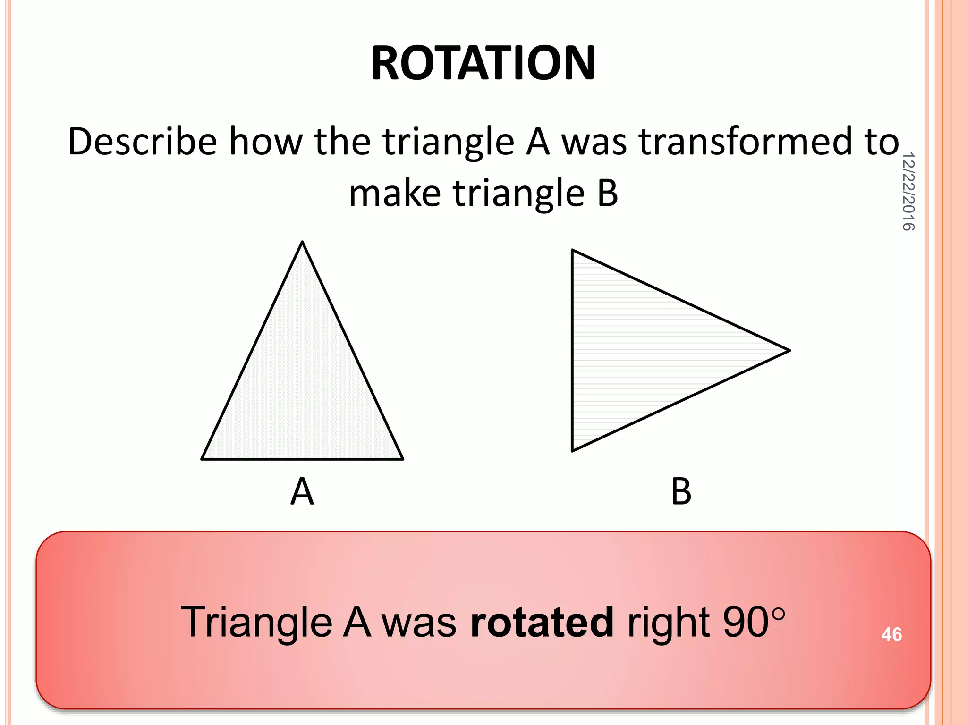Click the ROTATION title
[x=483, y=63]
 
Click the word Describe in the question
[x=142, y=142]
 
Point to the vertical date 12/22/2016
[x=908, y=191]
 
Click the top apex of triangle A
[x=302, y=242]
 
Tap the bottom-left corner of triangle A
[x=203, y=458]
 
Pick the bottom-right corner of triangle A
[x=402, y=458]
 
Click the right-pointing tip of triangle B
[x=789, y=350]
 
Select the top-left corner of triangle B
[x=573, y=251]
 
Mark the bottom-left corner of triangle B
[x=573, y=450]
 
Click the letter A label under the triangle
[x=302, y=492]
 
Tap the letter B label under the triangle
[x=681, y=492]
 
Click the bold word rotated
[x=542, y=622]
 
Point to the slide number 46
[x=891, y=634]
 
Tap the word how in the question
[x=265, y=142]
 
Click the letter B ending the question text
[x=607, y=193]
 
